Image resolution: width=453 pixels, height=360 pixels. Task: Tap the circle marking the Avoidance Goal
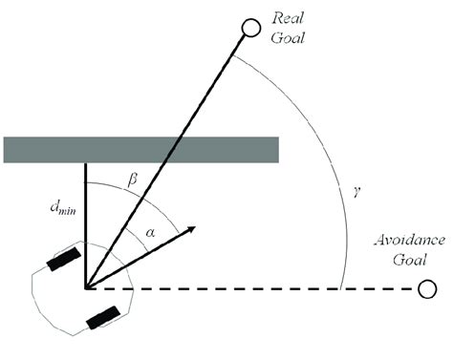pyautogui.click(x=427, y=288)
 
